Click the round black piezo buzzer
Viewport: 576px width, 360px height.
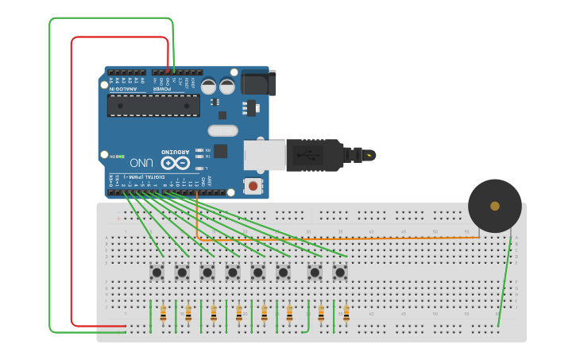pyautogui.click(x=494, y=206)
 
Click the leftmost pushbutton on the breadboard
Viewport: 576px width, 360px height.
pyautogui.click(x=157, y=273)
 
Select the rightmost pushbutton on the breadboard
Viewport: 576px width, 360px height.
pyautogui.click(x=340, y=273)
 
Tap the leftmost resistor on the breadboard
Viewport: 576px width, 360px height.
pyautogui.click(x=163, y=313)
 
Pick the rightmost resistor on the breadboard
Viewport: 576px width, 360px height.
pyautogui.click(x=346, y=313)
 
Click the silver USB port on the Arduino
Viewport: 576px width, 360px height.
pyautogui.click(x=265, y=155)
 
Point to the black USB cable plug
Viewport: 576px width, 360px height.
pyautogui.click(x=314, y=155)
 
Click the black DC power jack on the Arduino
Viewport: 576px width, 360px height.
pyautogui.click(x=257, y=83)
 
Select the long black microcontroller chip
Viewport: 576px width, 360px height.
pyautogui.click(x=153, y=106)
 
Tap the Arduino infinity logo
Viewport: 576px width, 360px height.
pyautogui.click(x=176, y=163)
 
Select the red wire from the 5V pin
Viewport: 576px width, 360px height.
pyautogui.click(x=72, y=183)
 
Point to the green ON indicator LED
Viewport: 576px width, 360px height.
pyautogui.click(x=111, y=156)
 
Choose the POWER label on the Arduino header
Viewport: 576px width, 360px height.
pyautogui.click(x=162, y=89)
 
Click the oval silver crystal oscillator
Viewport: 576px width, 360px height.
pyautogui.click(x=222, y=130)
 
